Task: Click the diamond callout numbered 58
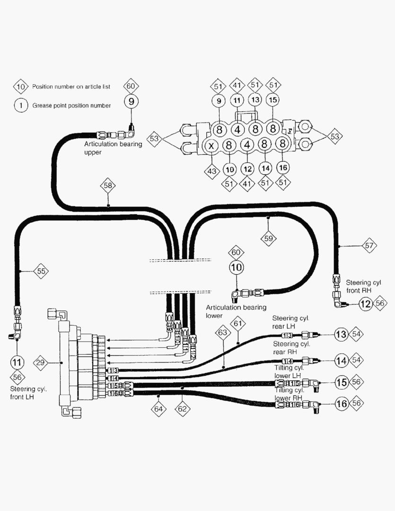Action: pos(108,185)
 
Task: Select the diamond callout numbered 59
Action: pos(269,238)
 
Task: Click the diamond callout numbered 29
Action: pos(41,363)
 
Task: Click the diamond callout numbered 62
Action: pos(182,408)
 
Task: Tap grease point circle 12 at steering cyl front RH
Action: pos(365,304)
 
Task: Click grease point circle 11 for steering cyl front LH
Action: pos(17,362)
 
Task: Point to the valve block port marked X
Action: pos(211,145)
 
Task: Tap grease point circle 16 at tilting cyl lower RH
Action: pos(342,404)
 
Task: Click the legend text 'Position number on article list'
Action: pos(71,87)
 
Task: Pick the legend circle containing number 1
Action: pos(20,106)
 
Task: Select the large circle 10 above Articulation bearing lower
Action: pos(236,268)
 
